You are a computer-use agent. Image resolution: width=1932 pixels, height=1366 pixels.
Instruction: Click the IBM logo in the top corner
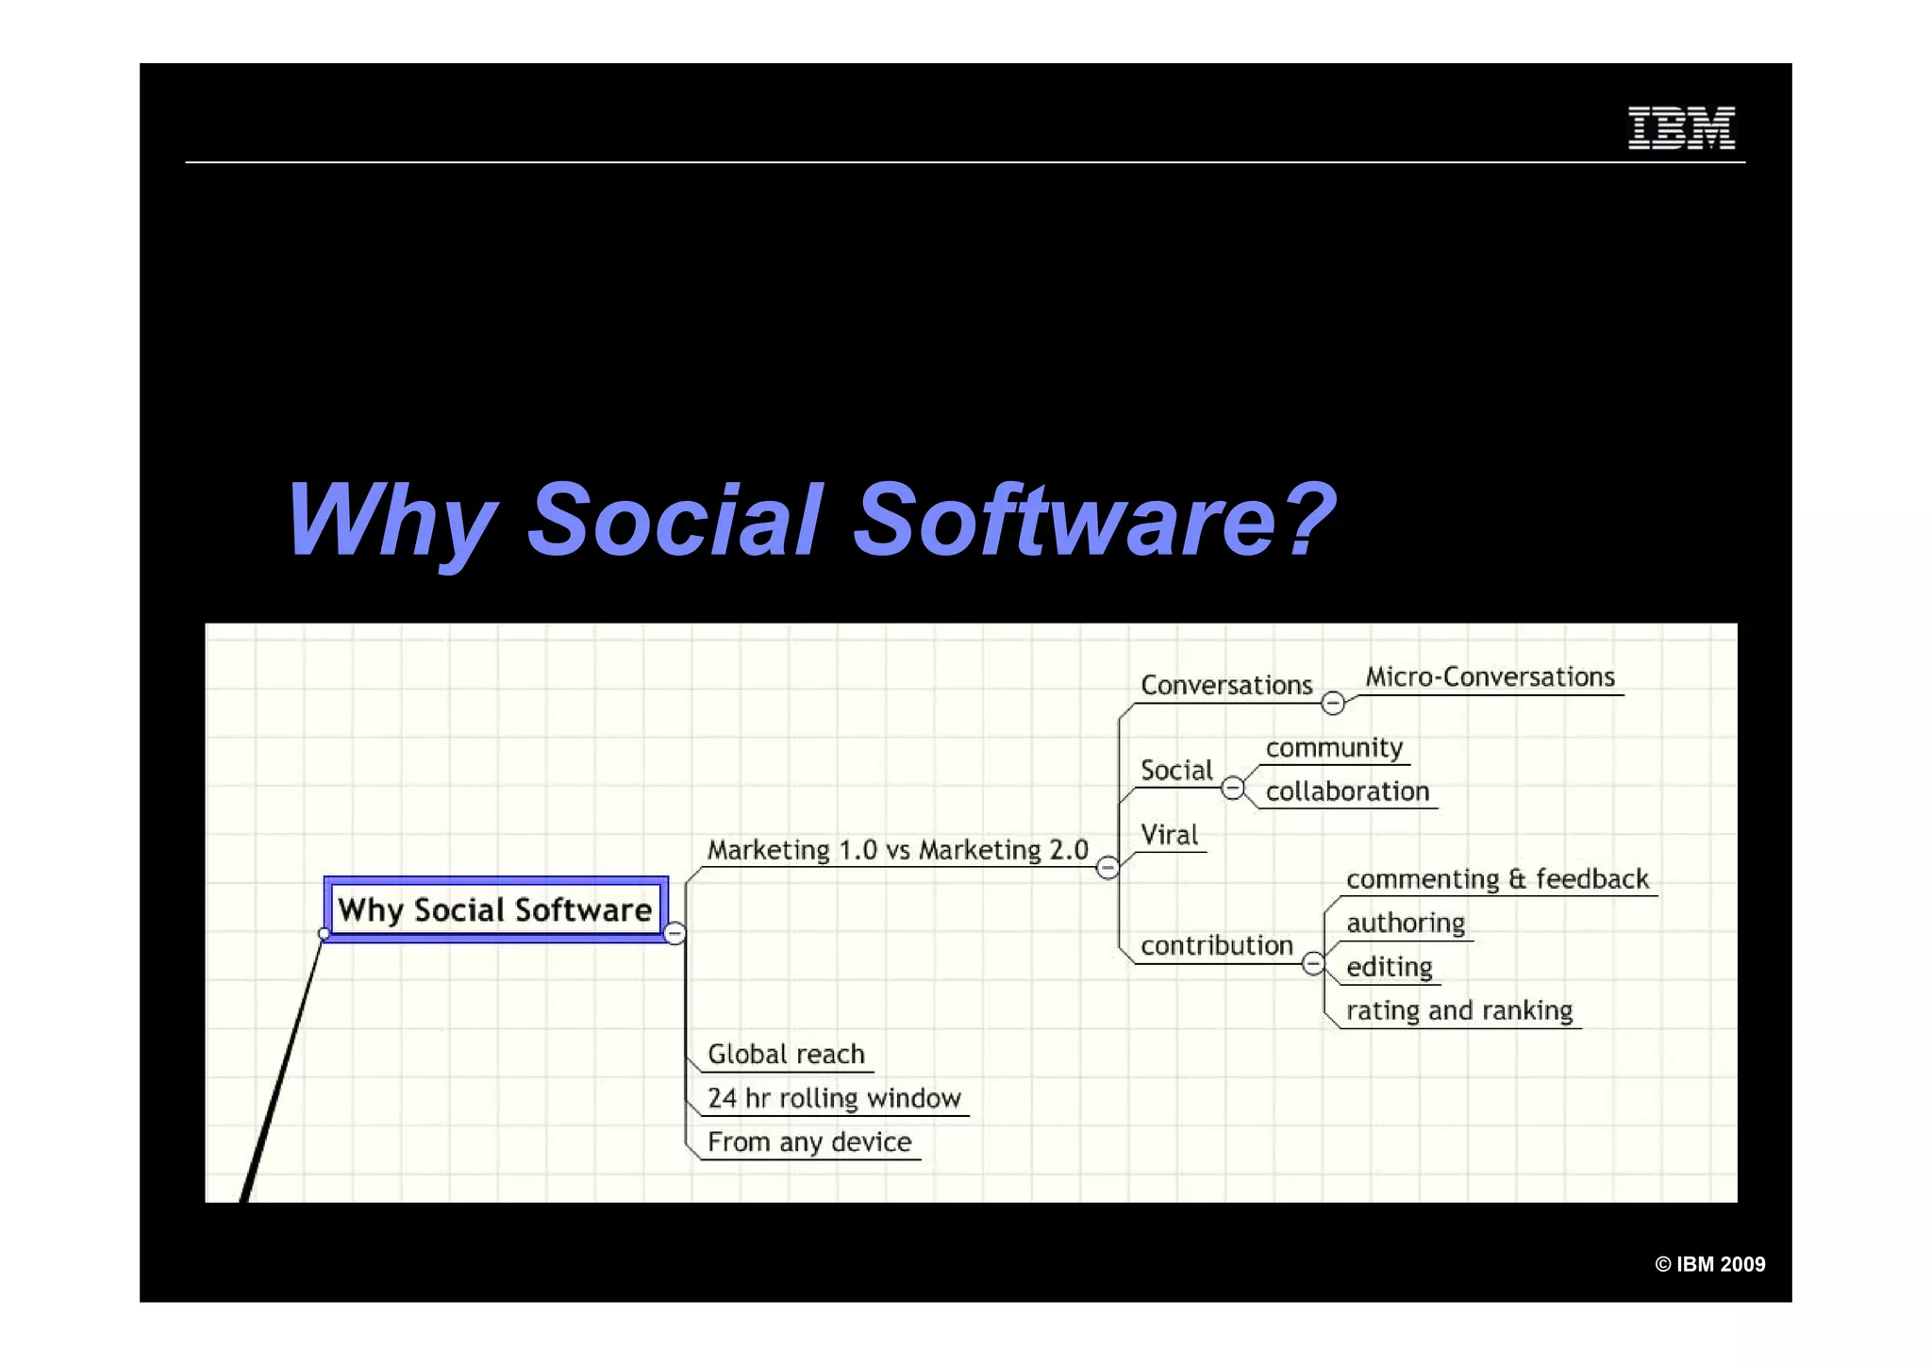coord(1681,127)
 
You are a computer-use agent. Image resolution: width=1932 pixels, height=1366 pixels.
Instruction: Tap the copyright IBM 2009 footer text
coord(1709,1264)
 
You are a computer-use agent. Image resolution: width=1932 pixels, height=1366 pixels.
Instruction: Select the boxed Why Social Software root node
coord(495,909)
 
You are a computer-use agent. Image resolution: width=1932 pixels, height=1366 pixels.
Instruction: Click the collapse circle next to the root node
coord(675,934)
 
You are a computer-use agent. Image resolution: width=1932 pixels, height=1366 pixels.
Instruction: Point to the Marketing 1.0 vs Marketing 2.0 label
coord(897,850)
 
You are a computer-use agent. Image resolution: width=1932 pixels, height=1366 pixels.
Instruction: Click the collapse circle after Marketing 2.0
coord(1108,867)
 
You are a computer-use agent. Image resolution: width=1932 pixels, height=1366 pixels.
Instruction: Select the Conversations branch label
coord(1225,685)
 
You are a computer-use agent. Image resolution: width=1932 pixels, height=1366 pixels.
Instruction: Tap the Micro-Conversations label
coord(1490,676)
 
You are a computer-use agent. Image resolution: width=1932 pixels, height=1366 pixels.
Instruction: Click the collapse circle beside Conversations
coord(1332,703)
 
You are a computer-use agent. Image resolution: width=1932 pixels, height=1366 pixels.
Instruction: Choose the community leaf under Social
coord(1334,747)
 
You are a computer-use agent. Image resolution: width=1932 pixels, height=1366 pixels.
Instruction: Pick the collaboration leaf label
coord(1347,791)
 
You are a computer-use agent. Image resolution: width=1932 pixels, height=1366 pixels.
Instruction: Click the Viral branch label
coord(1169,835)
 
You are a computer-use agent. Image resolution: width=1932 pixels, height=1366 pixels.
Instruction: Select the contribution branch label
coord(1216,945)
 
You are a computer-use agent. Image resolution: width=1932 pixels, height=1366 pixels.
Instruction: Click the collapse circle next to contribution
coord(1313,963)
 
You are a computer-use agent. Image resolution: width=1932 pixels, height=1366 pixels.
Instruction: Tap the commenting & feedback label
coord(1497,879)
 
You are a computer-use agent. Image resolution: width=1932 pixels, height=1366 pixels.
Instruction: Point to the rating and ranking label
coord(1458,1010)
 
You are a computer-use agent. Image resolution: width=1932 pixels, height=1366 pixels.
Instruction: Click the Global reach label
coord(786,1054)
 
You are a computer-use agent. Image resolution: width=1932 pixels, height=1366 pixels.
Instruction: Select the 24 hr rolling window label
coord(834,1098)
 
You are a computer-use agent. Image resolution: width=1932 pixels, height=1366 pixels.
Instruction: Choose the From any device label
coord(809,1141)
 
